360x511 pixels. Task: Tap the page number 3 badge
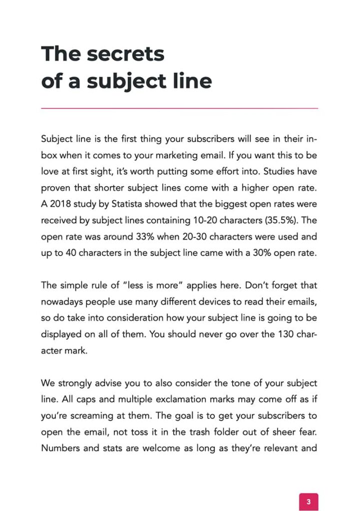(308, 502)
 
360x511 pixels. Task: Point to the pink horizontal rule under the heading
(179, 108)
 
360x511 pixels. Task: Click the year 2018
(60, 204)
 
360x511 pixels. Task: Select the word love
(50, 172)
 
